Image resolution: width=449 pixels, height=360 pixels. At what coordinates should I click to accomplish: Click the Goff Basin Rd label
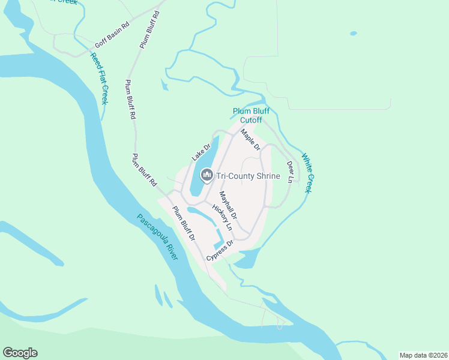coord(112,36)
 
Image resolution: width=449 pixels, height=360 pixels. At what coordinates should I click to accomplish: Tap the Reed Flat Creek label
coord(99,78)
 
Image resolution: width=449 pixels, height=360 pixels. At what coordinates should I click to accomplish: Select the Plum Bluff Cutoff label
coord(247,115)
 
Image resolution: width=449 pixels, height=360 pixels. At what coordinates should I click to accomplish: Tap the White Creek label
coord(307,172)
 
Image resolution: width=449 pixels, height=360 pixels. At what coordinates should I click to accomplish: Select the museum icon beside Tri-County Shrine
coord(206,175)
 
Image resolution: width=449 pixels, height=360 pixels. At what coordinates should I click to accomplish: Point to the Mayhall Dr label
coord(228,205)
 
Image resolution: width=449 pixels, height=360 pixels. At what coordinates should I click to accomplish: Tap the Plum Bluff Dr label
coord(184,223)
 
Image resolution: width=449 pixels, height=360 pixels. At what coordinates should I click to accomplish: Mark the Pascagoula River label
coord(157,237)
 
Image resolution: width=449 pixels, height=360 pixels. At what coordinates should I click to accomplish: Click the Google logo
coord(20,353)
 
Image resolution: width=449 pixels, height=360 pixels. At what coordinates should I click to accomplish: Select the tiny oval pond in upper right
coord(353,33)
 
